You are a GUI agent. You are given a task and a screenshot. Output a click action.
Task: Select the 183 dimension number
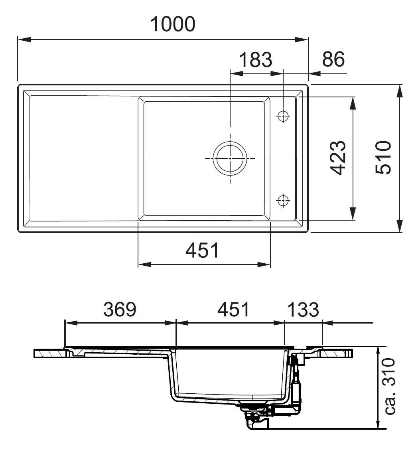[x=255, y=60]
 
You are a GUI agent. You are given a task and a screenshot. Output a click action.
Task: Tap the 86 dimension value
[x=333, y=59]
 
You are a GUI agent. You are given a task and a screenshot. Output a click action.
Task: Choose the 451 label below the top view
[x=203, y=251]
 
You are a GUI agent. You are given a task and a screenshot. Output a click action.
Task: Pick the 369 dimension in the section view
[x=120, y=309]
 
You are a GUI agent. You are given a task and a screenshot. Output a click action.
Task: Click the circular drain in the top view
[x=230, y=158]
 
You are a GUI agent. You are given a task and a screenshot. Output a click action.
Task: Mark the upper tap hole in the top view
[x=283, y=116]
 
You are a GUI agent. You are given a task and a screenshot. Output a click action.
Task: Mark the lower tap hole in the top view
[x=283, y=200]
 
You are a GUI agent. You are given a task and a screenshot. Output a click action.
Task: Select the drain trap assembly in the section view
[x=255, y=417]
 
